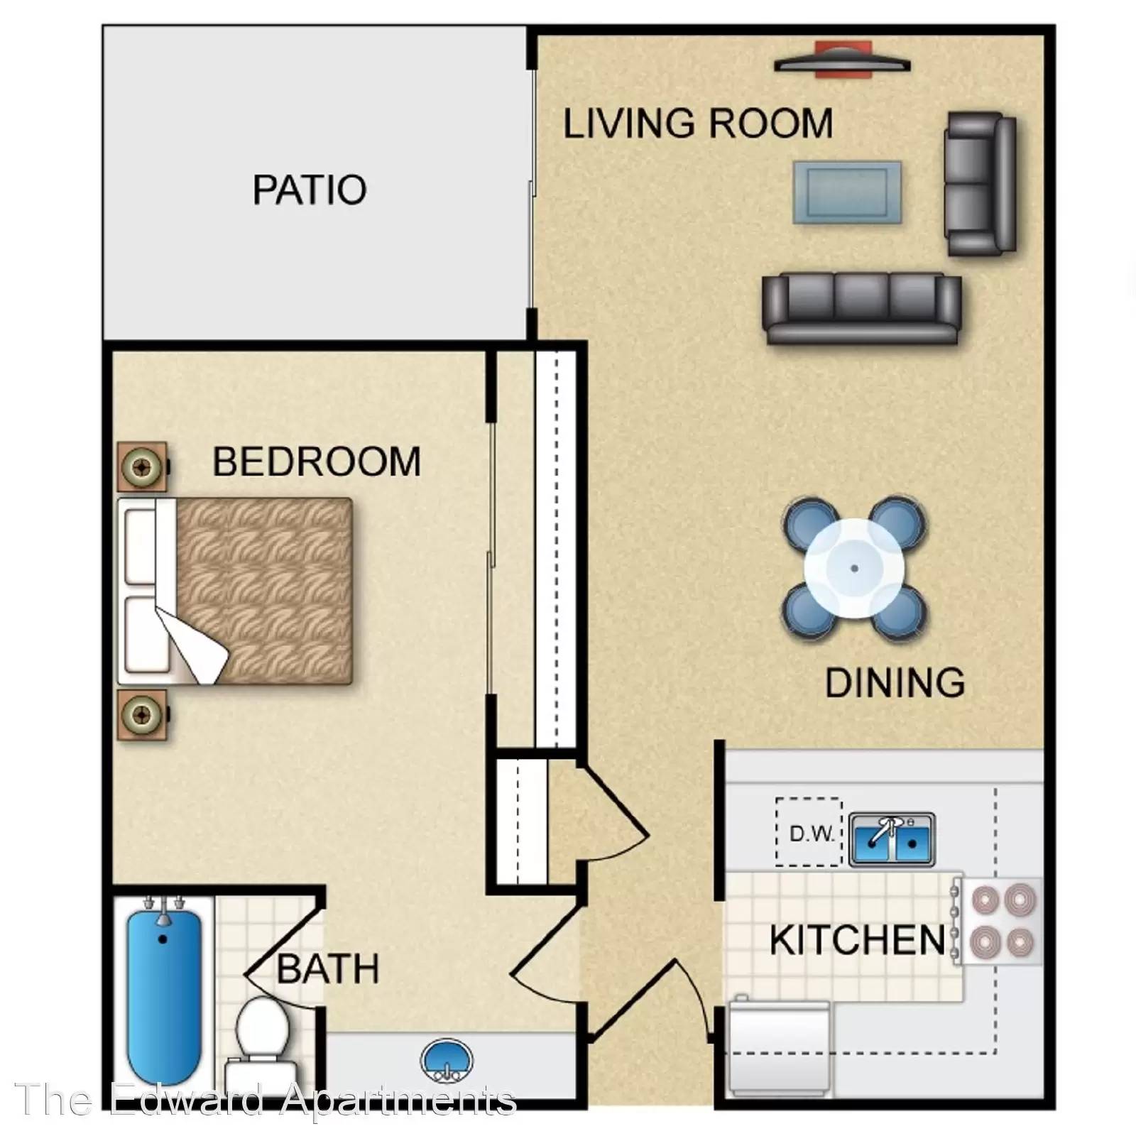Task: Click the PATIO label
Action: point(310,190)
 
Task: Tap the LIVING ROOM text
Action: point(698,123)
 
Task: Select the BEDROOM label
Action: point(317,461)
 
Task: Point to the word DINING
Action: point(895,682)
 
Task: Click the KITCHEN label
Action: point(858,940)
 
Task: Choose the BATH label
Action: point(328,968)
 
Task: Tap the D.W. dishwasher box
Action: point(809,832)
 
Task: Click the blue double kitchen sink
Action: point(892,839)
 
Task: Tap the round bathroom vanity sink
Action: point(446,1061)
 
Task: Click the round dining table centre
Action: point(854,568)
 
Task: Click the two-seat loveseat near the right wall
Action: point(980,184)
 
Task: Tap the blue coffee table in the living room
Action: point(847,192)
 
